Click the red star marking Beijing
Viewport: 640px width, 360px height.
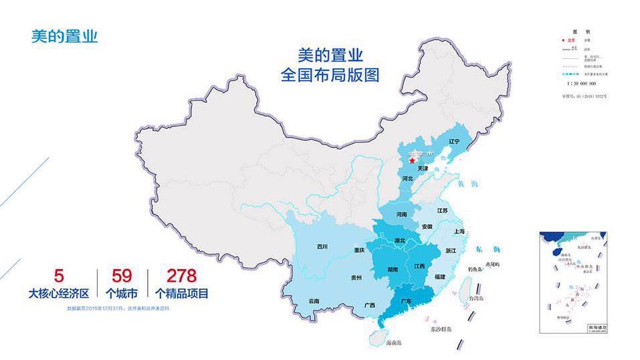(x=411, y=161)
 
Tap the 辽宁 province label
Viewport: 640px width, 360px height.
(x=455, y=141)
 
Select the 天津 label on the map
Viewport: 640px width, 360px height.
(x=422, y=169)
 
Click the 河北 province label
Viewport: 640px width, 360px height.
(x=408, y=179)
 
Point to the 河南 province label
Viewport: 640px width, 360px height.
(x=401, y=215)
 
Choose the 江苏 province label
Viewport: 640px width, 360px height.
(x=442, y=211)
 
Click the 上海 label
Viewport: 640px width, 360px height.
(x=459, y=231)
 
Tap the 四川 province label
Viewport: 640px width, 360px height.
(x=323, y=247)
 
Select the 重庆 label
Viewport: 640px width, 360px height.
(x=359, y=250)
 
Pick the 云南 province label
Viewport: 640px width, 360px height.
(x=314, y=302)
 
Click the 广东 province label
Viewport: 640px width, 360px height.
(x=405, y=301)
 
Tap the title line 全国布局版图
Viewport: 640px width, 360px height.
(x=330, y=75)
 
